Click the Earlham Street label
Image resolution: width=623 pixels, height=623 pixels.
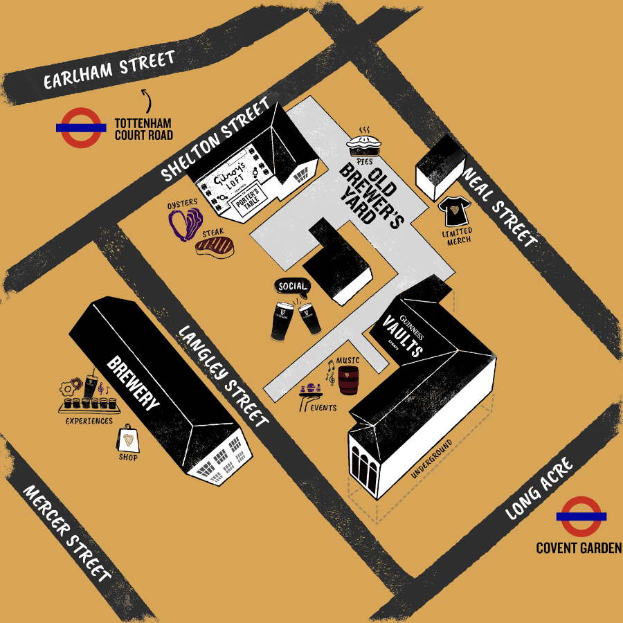tap(109, 71)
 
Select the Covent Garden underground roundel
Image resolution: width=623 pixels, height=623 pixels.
tap(581, 516)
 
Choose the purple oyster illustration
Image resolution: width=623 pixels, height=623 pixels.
tap(184, 223)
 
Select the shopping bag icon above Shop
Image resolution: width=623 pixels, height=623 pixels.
tap(127, 438)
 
